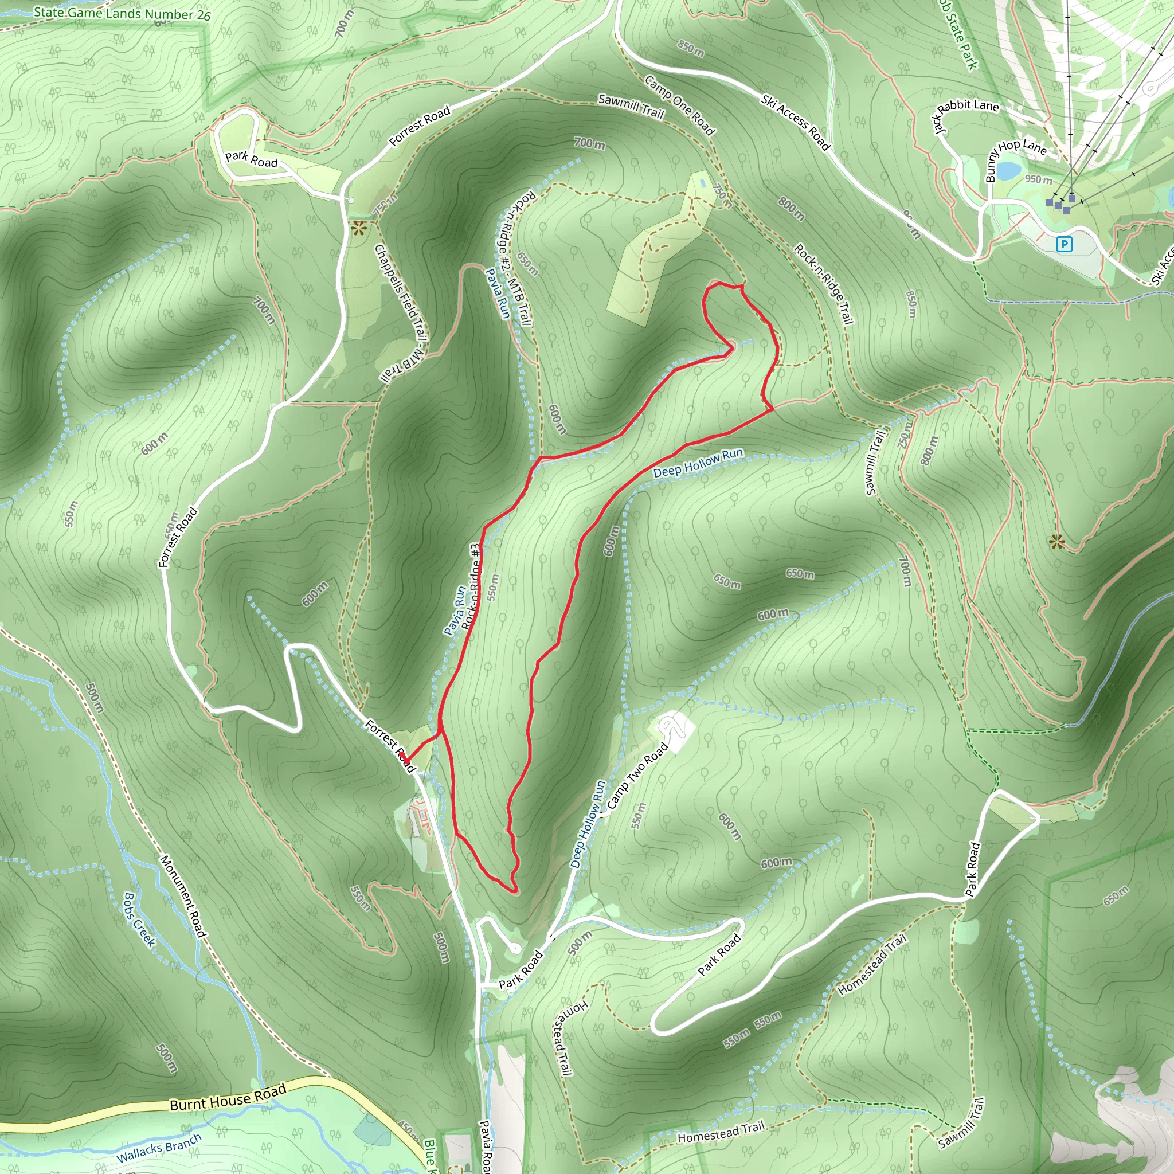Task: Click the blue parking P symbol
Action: [x=1064, y=245]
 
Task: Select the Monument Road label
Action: [x=183, y=897]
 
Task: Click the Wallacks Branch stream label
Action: [x=159, y=1147]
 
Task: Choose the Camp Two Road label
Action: [x=637, y=776]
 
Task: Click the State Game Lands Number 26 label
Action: [x=122, y=13]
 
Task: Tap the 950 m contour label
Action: [x=1038, y=179]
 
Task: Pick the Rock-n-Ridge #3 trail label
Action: [x=472, y=587]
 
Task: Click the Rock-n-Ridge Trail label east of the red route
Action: [x=824, y=284]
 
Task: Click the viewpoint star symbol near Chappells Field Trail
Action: [x=359, y=229]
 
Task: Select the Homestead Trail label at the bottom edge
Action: [x=721, y=1133]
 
